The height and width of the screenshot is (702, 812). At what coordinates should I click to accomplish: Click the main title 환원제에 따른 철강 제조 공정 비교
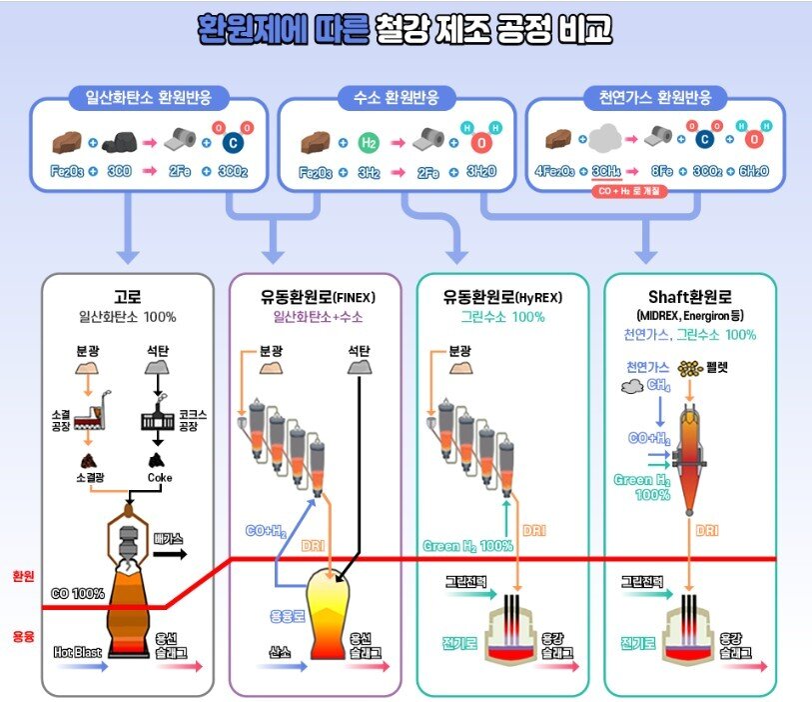tap(405, 30)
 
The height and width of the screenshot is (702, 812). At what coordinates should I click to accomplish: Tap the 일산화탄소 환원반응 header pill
tap(149, 98)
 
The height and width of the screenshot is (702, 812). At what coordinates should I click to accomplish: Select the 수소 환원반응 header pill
tap(396, 98)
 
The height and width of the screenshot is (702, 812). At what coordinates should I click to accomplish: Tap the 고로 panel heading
tap(128, 296)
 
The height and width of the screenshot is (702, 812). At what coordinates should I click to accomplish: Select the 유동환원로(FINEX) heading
tap(316, 296)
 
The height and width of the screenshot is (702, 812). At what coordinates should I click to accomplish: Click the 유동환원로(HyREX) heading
tap(504, 296)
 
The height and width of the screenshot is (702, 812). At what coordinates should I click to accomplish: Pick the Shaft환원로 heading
tap(692, 296)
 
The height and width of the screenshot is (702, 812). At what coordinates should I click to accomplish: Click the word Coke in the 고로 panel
tap(159, 477)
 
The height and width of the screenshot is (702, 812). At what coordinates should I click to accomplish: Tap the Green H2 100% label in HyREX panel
tap(467, 546)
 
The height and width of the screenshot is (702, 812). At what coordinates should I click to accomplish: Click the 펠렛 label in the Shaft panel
tap(717, 368)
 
